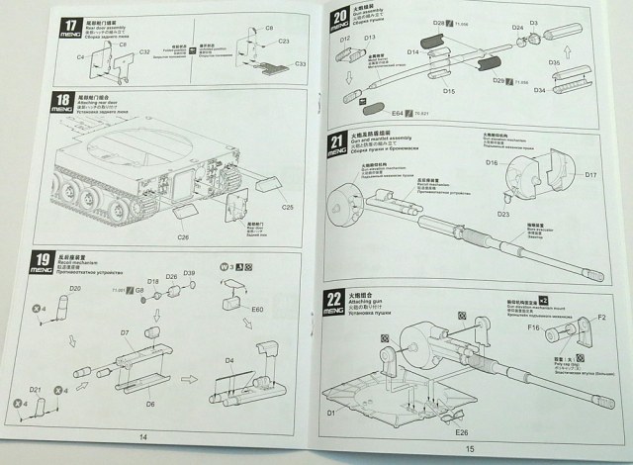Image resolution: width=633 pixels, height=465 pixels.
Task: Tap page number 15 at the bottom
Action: click(469, 448)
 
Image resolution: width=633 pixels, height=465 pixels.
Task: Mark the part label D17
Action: click(590, 175)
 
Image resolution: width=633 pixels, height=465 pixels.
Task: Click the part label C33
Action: click(300, 63)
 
